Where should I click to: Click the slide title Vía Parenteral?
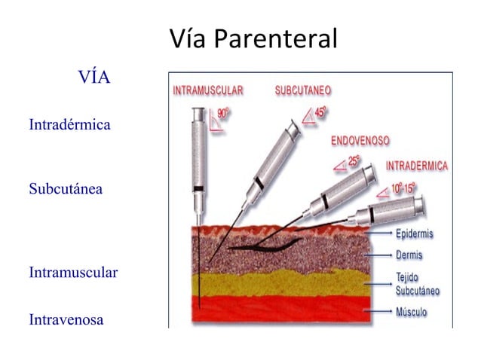(x=253, y=38)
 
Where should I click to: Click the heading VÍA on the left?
(x=94, y=77)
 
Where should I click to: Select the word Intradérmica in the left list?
(x=69, y=124)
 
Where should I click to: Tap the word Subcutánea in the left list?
(x=66, y=188)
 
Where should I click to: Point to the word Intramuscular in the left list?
(x=73, y=273)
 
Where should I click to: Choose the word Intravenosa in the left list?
(x=66, y=320)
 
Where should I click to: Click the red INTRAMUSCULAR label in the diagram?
(x=208, y=90)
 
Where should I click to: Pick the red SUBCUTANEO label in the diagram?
(x=302, y=90)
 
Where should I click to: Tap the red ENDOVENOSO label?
(x=360, y=141)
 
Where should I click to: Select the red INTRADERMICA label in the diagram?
(x=417, y=166)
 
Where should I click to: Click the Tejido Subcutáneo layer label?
(x=418, y=283)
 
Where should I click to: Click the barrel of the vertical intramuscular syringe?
(x=198, y=151)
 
